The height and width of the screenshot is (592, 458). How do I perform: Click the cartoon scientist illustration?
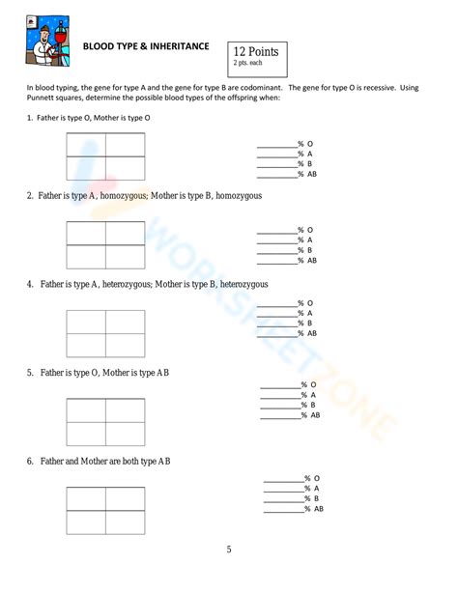point(48,43)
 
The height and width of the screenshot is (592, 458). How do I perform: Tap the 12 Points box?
point(256,57)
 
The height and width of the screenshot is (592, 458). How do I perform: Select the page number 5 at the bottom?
point(229,550)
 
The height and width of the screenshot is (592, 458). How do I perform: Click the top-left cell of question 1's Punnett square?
point(86,145)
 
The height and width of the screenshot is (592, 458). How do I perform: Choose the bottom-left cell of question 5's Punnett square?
point(86,434)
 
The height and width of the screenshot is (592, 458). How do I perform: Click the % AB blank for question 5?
point(279,417)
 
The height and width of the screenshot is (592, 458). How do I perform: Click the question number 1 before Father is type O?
point(30,117)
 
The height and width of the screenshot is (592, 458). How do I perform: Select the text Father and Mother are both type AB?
point(105,462)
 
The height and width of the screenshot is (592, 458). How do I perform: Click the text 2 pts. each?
point(248,63)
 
